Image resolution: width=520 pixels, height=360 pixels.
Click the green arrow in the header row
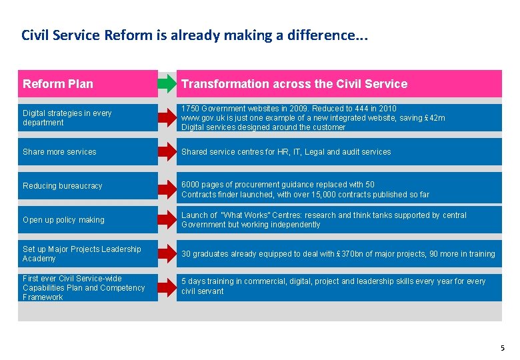[167, 84]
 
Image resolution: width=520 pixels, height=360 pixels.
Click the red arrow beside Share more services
[167, 152]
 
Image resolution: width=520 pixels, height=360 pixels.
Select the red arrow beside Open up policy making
[167, 220]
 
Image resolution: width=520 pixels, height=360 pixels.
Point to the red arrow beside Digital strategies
[167, 118]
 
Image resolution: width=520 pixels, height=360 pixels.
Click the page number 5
[502, 348]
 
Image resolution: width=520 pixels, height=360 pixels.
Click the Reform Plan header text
[58, 84]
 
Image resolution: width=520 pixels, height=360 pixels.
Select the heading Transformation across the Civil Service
[294, 84]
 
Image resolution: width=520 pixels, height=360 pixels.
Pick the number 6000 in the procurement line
[191, 185]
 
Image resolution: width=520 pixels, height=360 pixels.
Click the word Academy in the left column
[39, 259]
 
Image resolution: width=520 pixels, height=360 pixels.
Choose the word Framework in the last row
[43, 297]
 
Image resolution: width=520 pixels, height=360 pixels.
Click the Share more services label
[59, 152]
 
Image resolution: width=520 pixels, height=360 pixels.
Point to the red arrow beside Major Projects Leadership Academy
[167, 254]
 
